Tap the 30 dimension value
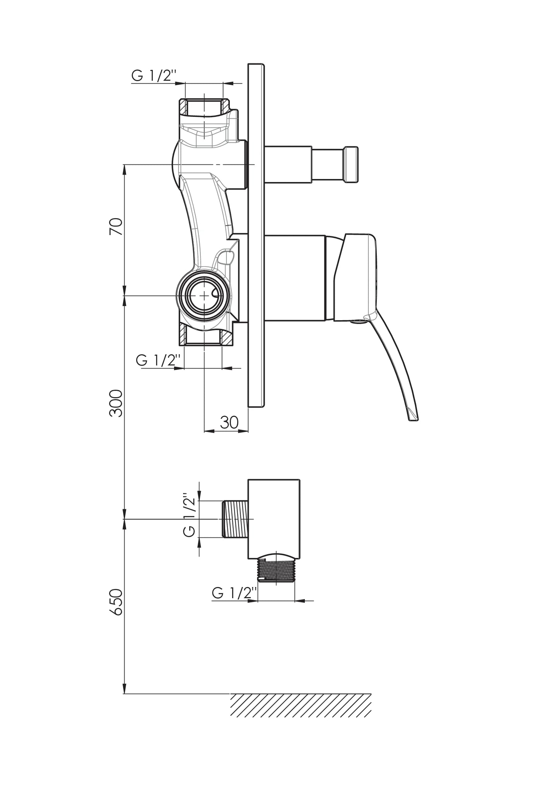229,422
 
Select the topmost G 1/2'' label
154,75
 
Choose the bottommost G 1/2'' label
234,592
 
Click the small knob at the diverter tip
351,164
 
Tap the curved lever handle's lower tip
414,417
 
